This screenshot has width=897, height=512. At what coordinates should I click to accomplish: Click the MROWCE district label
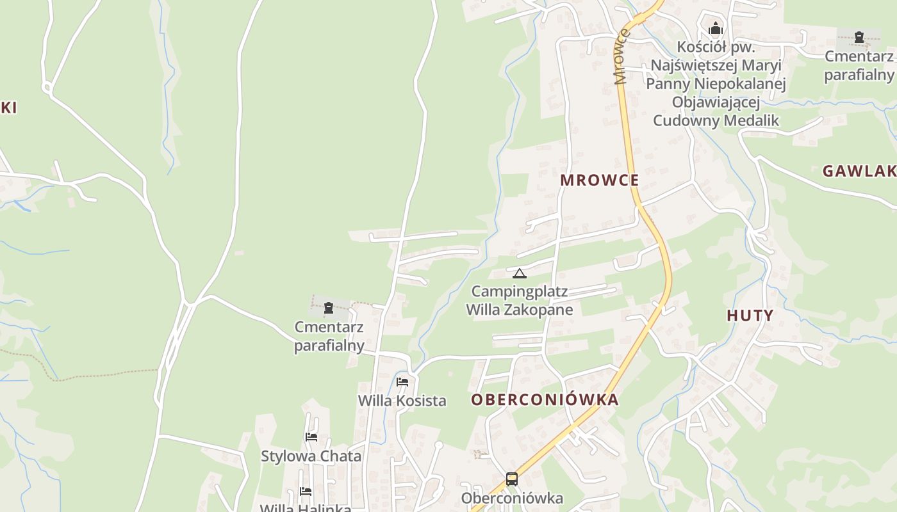600,180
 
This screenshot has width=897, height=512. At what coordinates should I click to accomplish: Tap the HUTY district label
750,315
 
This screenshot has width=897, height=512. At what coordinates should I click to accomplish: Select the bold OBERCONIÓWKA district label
545,400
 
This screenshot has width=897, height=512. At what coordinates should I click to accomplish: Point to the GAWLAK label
859,171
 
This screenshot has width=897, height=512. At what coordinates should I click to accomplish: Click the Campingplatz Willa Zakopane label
520,301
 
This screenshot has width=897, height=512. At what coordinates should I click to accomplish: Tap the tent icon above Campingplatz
520,274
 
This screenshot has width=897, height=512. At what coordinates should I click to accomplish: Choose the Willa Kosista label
402,401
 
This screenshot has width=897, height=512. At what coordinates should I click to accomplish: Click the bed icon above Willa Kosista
402,381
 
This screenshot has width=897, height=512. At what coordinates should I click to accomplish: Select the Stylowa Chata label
311,456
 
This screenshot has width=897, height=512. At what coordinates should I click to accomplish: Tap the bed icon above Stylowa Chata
311,437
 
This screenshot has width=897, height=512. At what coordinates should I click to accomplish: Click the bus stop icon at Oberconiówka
512,479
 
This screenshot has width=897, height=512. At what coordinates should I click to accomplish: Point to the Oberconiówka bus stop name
512,498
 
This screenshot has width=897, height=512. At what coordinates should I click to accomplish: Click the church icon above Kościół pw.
716,29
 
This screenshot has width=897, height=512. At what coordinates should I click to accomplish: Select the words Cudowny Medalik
716,120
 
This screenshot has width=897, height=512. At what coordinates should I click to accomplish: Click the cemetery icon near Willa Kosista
329,308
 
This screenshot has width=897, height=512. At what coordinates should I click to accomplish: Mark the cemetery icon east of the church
859,37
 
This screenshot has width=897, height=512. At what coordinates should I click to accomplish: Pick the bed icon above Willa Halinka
306,492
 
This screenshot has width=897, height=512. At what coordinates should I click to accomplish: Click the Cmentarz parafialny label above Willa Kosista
329,336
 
